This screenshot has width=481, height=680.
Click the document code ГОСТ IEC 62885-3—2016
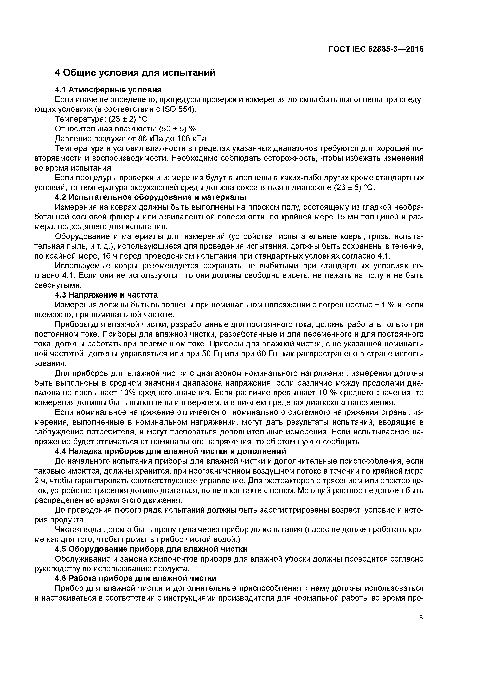click(376, 49)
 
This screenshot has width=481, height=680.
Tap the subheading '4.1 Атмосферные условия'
click(108, 90)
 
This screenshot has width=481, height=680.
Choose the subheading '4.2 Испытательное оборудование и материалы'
click(151, 197)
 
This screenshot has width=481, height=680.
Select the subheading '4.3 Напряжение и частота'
click(106, 295)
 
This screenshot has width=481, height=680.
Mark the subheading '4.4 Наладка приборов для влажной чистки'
click(170, 451)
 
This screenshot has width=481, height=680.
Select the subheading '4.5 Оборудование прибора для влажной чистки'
click(151, 549)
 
